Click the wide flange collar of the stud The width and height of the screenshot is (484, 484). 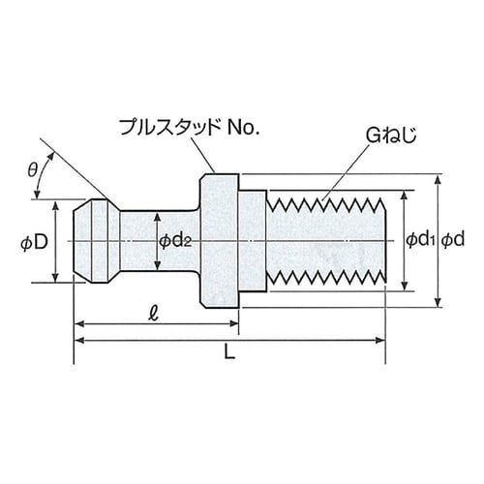point(220,239)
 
